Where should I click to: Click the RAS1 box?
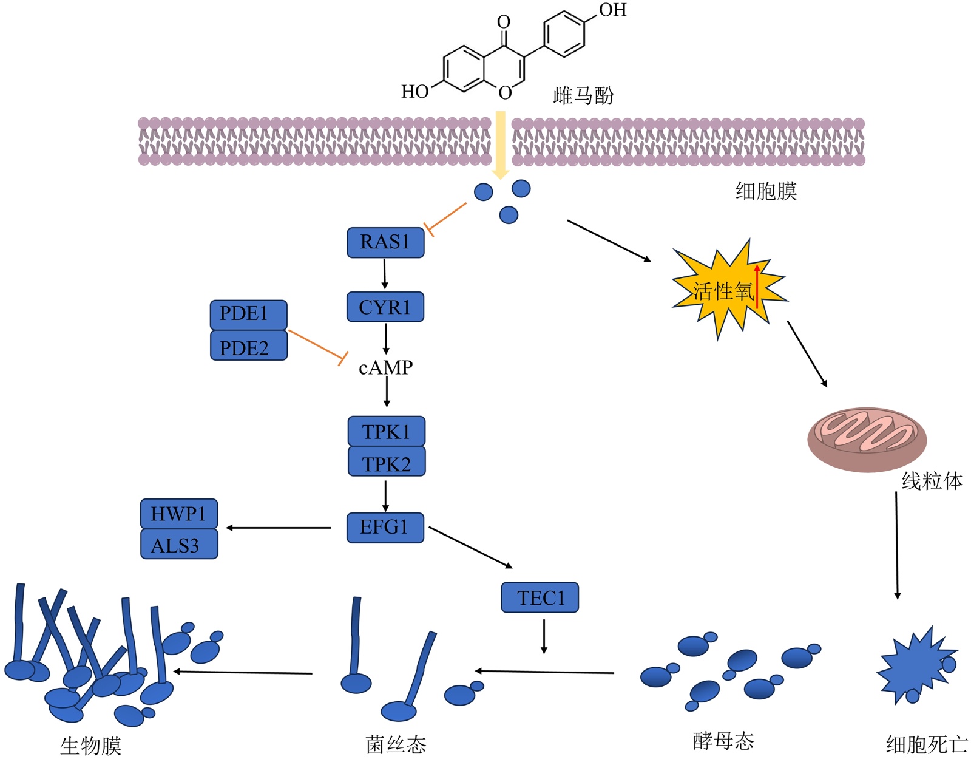(385, 242)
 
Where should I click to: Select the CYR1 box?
(385, 307)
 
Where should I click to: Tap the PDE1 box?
(248, 314)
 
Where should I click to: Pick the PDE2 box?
(248, 347)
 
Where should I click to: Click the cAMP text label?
(385, 367)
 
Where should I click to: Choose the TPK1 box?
(386, 431)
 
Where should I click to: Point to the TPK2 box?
(386, 463)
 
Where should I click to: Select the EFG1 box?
(385, 527)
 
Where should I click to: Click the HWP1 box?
(178, 514)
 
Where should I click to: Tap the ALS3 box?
(178, 545)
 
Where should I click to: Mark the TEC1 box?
(540, 597)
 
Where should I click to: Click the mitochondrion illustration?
(867, 438)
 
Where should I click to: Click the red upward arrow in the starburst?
(757, 285)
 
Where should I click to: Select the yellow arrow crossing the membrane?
(500, 145)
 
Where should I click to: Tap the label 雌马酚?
(583, 95)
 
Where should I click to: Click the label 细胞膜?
(766, 191)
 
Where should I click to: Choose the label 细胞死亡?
(926, 744)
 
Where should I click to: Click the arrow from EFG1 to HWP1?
(279, 528)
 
